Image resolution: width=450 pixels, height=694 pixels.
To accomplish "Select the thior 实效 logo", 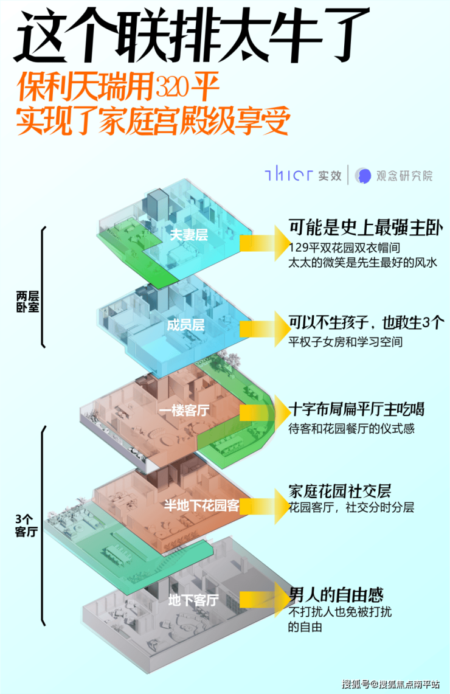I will (303, 175).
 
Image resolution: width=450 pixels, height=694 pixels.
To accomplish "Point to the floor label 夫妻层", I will (189, 234).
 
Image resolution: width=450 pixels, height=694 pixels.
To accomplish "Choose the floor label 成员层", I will (185, 324).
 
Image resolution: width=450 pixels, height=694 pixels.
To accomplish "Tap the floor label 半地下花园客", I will (202, 505).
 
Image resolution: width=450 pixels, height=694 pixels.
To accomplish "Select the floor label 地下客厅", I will (193, 600).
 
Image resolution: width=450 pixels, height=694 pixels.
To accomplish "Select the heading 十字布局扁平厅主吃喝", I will (357, 408).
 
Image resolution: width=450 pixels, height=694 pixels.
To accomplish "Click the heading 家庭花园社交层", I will (339, 491).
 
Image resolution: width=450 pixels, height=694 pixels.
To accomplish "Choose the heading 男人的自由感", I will (336, 594).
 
